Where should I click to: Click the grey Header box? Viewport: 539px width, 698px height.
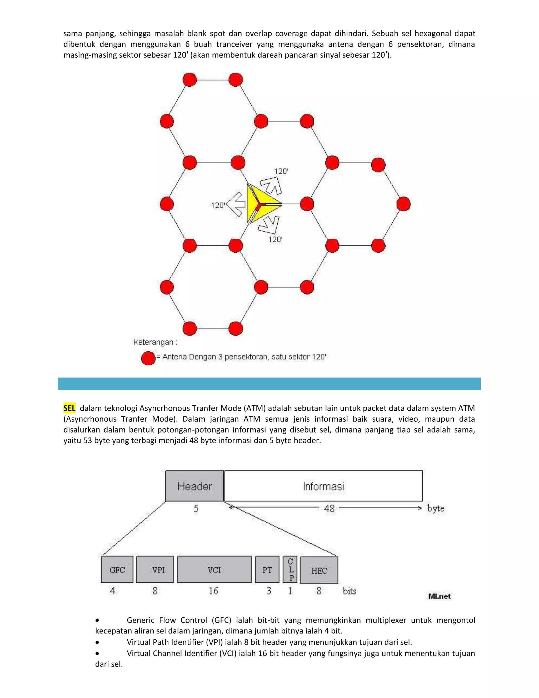[x=194, y=486]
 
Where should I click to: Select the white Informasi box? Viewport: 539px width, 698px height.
[x=323, y=486]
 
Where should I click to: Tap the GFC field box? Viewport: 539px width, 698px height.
[x=117, y=569]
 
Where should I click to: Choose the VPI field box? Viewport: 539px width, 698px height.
[x=155, y=569]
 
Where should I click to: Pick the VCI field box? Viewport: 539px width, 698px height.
[x=214, y=569]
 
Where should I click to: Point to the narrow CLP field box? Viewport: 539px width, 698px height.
[x=290, y=569]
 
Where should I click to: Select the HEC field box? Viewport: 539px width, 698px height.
[x=319, y=570]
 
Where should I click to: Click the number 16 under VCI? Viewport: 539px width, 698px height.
[x=213, y=591]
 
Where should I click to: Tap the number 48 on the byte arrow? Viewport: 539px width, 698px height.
[x=329, y=508]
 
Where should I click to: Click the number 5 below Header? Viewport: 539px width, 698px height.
[x=196, y=508]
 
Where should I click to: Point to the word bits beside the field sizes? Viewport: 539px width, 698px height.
[x=349, y=591]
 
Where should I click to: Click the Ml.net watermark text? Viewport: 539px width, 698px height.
[x=439, y=596]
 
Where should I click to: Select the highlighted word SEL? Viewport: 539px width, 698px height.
[x=69, y=408]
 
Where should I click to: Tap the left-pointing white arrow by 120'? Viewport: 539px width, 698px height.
[x=237, y=204]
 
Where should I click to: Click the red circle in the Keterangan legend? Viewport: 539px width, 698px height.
[x=148, y=358]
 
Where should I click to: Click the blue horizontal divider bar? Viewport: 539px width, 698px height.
[x=269, y=384]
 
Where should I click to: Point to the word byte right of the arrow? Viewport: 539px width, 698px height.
[x=436, y=508]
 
